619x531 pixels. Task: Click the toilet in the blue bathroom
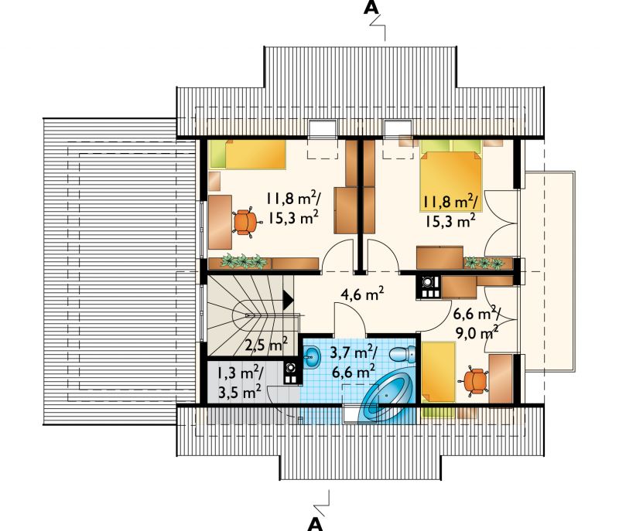[402, 353]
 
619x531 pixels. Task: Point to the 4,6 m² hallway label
[362, 294]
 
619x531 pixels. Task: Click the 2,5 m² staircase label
[265, 345]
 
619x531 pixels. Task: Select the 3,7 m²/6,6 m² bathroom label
[354, 363]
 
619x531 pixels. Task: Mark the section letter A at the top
[371, 9]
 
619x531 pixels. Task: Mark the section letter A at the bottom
[315, 523]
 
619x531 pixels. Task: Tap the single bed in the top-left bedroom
[248, 154]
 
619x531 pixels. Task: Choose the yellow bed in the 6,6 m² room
[439, 372]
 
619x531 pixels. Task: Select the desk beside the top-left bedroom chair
[220, 222]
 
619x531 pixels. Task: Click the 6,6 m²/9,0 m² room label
[477, 325]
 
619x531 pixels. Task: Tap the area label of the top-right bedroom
[450, 212]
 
